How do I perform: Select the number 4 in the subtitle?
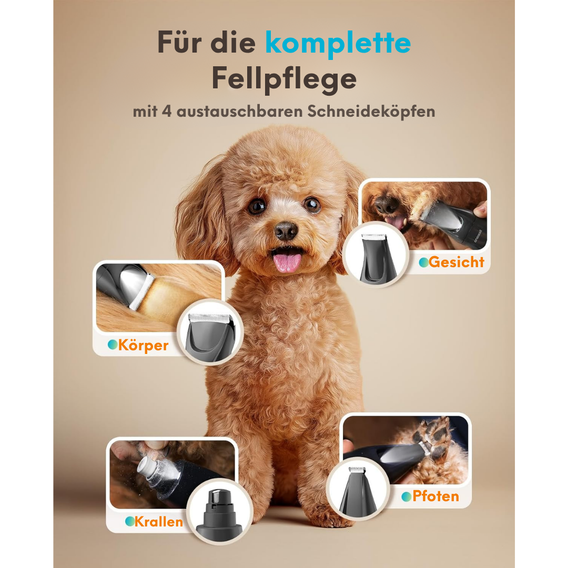click(167, 111)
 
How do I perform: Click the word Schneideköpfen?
click(371, 111)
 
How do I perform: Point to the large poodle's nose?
click(286, 230)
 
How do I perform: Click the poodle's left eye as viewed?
click(257, 206)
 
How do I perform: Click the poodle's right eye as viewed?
click(312, 205)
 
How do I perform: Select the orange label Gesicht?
click(457, 262)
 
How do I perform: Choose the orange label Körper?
click(144, 345)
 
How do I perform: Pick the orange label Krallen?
click(159, 522)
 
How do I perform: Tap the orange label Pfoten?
click(436, 496)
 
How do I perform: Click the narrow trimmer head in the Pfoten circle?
click(358, 491)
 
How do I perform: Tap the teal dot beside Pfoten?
click(407, 496)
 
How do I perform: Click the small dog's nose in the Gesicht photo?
click(386, 204)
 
